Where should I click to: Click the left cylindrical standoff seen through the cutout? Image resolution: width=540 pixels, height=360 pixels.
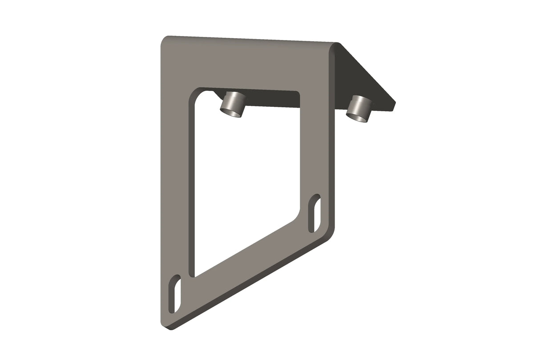233,105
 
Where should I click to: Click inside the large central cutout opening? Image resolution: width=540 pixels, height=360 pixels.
245,178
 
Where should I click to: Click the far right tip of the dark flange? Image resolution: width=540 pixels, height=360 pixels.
394,104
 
